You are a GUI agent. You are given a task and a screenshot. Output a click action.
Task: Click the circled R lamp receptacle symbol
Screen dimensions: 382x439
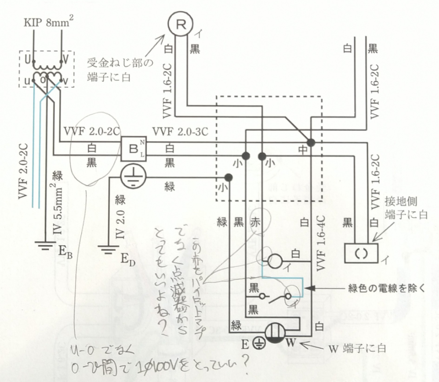(179, 24)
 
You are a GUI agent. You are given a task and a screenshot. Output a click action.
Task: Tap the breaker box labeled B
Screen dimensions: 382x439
(133, 148)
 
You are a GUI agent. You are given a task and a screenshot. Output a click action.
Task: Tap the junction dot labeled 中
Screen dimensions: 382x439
(311, 143)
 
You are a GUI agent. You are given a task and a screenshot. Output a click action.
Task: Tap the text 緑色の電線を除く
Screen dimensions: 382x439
(386, 288)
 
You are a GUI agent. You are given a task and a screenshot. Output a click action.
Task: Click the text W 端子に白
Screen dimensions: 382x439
(358, 349)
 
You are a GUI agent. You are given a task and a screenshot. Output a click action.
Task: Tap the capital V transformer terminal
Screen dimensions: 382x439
(65, 58)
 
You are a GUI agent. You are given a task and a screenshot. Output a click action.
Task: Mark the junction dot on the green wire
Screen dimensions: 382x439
(228, 177)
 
